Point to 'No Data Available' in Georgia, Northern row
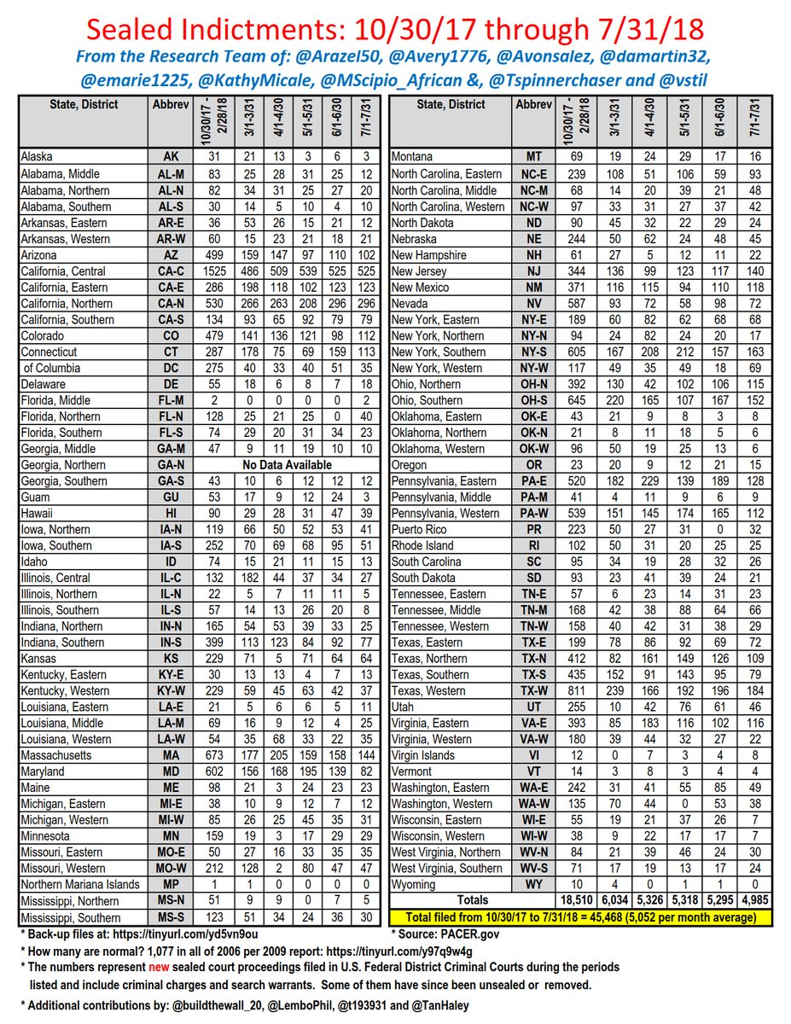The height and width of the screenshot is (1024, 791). [x=288, y=465]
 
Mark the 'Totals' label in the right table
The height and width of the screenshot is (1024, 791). [x=472, y=900]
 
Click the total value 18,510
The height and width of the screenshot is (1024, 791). [x=574, y=900]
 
